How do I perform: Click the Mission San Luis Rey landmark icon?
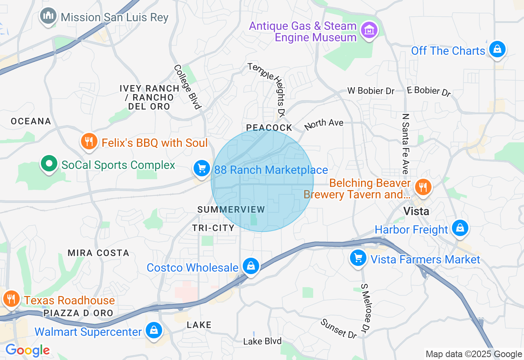48,17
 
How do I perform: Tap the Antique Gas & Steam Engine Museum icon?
370,30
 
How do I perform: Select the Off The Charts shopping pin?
497,49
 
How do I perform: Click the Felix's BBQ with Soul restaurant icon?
88,142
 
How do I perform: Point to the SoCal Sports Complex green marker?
49,164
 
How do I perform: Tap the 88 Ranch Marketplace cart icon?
201,169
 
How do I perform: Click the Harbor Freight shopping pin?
460,228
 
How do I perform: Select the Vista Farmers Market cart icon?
358,258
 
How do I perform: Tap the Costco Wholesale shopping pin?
251,266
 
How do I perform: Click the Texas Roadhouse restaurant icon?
11,299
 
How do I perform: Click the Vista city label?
416,211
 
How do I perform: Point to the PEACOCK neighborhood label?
269,128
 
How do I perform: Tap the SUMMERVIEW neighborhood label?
231,209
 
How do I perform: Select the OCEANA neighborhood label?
31,121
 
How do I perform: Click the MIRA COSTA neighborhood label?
98,253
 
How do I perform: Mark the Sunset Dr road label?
339,328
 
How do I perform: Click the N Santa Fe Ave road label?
406,144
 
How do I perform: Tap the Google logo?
27,350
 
